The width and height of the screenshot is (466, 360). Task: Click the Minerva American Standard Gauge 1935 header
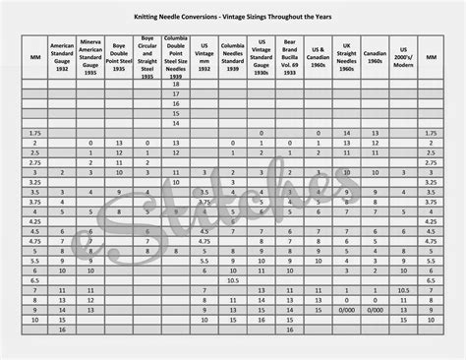click(x=91, y=56)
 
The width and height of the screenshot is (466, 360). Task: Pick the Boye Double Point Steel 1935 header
click(x=119, y=56)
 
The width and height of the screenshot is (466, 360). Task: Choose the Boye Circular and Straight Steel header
click(x=147, y=56)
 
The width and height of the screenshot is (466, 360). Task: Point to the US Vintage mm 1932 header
click(x=204, y=56)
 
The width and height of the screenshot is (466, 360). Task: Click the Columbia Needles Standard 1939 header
click(x=233, y=56)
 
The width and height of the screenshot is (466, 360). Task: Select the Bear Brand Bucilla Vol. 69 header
click(x=289, y=56)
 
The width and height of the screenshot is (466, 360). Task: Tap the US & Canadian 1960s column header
click(x=318, y=56)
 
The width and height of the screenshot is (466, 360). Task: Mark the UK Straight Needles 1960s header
click(x=347, y=56)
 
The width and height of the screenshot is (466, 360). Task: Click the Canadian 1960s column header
click(x=376, y=56)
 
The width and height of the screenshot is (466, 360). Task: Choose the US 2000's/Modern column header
click(x=403, y=56)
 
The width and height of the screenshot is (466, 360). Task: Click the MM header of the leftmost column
click(x=34, y=56)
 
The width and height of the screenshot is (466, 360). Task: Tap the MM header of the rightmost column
click(x=431, y=56)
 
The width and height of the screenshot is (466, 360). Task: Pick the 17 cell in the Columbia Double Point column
click(x=176, y=95)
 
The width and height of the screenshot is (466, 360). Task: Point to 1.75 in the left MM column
click(x=34, y=132)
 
